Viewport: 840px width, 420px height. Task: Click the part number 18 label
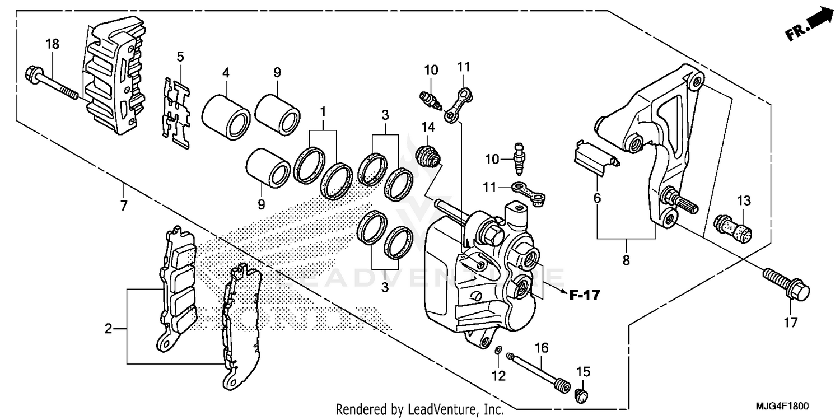(x=52, y=44)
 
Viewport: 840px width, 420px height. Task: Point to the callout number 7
(x=123, y=205)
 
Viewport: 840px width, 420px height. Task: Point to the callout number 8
(x=626, y=260)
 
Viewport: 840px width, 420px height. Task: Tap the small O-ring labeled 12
(x=497, y=351)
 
